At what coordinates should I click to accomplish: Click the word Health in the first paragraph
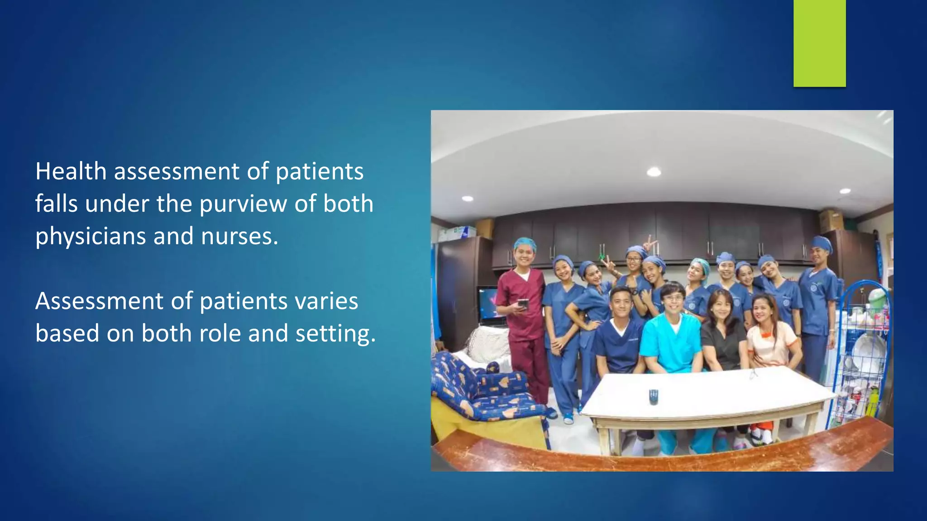tap(71, 171)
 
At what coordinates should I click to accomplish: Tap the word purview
tap(243, 204)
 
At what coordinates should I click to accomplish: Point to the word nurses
tap(239, 237)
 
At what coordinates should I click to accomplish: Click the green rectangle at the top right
tap(819, 43)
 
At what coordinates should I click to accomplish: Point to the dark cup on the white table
tap(653, 397)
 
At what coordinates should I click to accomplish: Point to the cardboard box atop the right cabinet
tap(831, 220)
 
